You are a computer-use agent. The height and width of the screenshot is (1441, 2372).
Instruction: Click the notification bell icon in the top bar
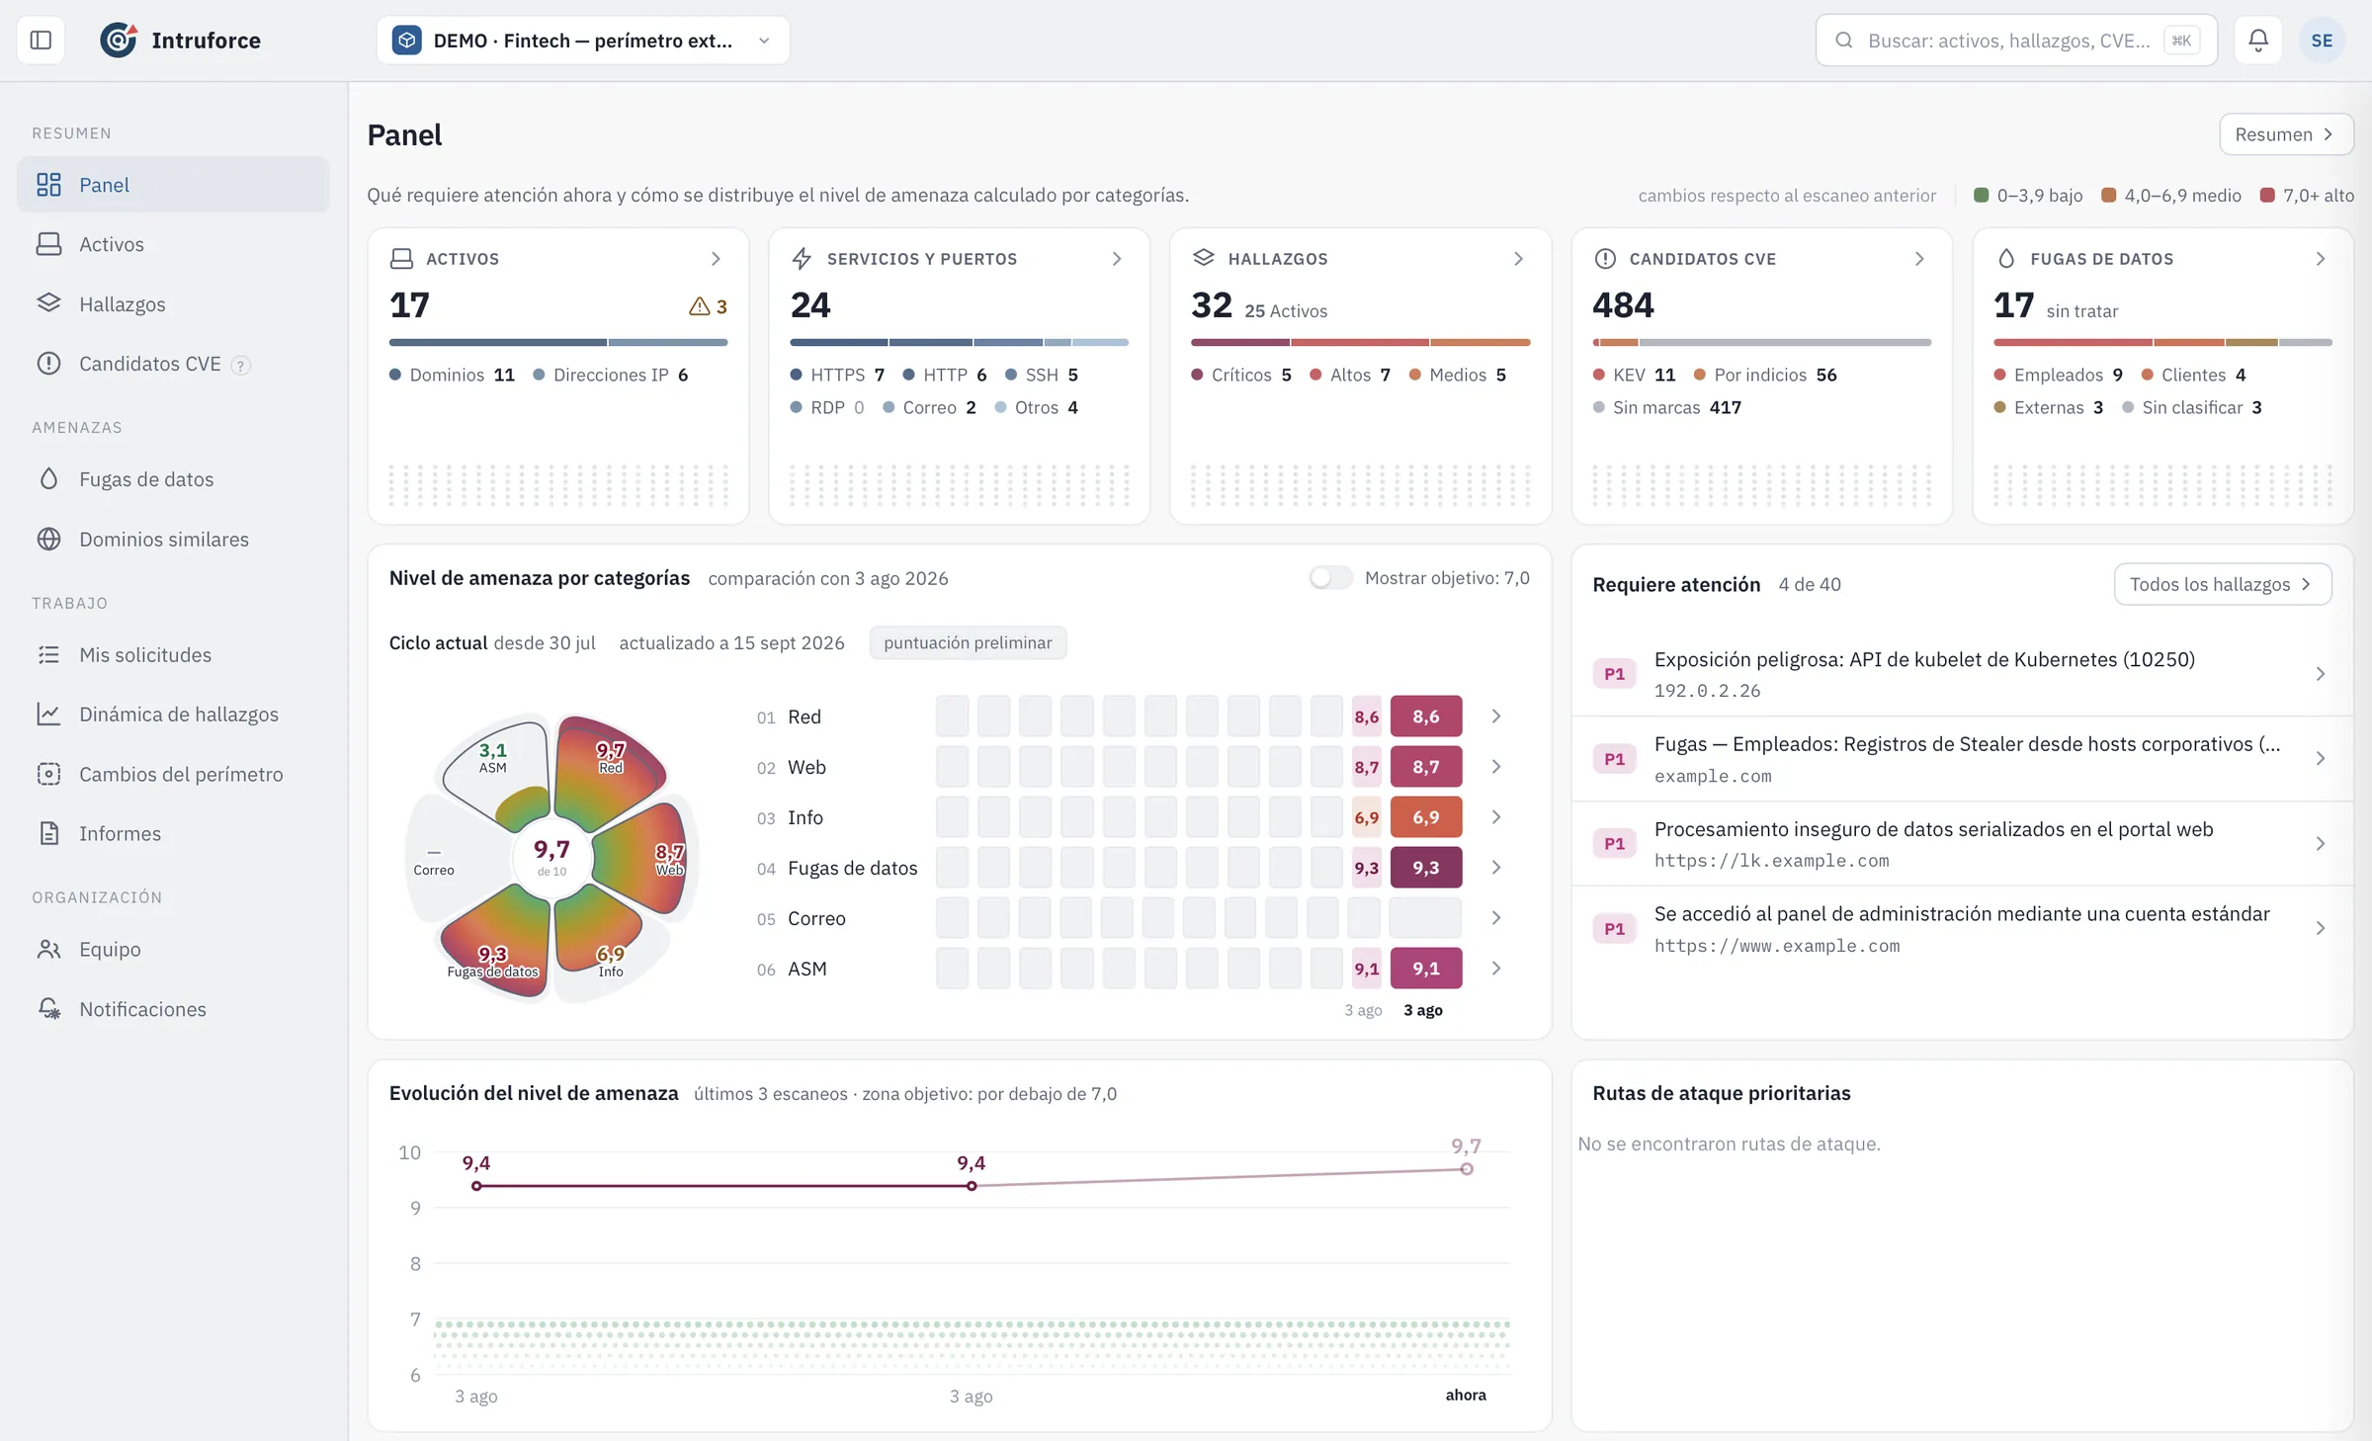pos(2258,41)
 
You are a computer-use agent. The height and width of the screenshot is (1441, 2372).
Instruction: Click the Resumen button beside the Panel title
pos(2285,134)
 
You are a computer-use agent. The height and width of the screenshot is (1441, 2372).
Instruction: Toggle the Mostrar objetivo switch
pos(1330,577)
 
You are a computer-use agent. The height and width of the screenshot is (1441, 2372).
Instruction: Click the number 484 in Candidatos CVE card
pos(1623,305)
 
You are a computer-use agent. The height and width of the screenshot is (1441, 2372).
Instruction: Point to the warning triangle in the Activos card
pos(699,306)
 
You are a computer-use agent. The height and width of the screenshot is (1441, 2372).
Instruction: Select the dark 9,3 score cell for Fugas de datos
pos(1425,868)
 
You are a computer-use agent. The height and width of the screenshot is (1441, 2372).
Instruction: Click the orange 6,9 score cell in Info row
pos(1425,817)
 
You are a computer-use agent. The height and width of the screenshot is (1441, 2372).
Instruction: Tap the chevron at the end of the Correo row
pos(1496,918)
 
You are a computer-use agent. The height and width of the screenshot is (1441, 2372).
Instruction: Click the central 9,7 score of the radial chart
pos(551,850)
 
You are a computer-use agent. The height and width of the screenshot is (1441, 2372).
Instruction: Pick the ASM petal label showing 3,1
pos(492,757)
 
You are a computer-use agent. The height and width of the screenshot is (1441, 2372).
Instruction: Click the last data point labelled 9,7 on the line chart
pos(1467,1169)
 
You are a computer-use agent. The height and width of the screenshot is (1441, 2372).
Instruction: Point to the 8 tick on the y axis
pos(415,1263)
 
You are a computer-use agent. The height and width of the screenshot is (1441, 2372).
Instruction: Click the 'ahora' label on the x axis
pos(1466,1395)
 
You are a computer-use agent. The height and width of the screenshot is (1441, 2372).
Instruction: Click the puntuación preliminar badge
pos(968,642)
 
